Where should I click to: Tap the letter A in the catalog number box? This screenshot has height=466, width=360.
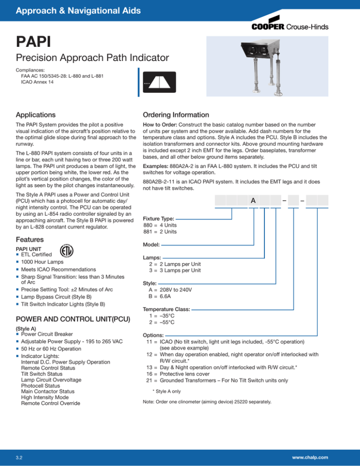point(253,201)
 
